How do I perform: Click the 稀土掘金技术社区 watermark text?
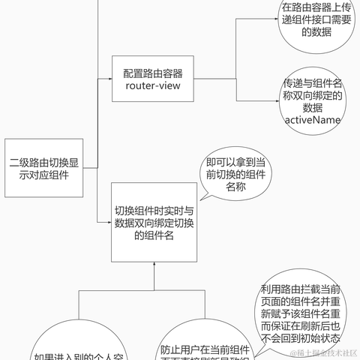pos(323,352)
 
